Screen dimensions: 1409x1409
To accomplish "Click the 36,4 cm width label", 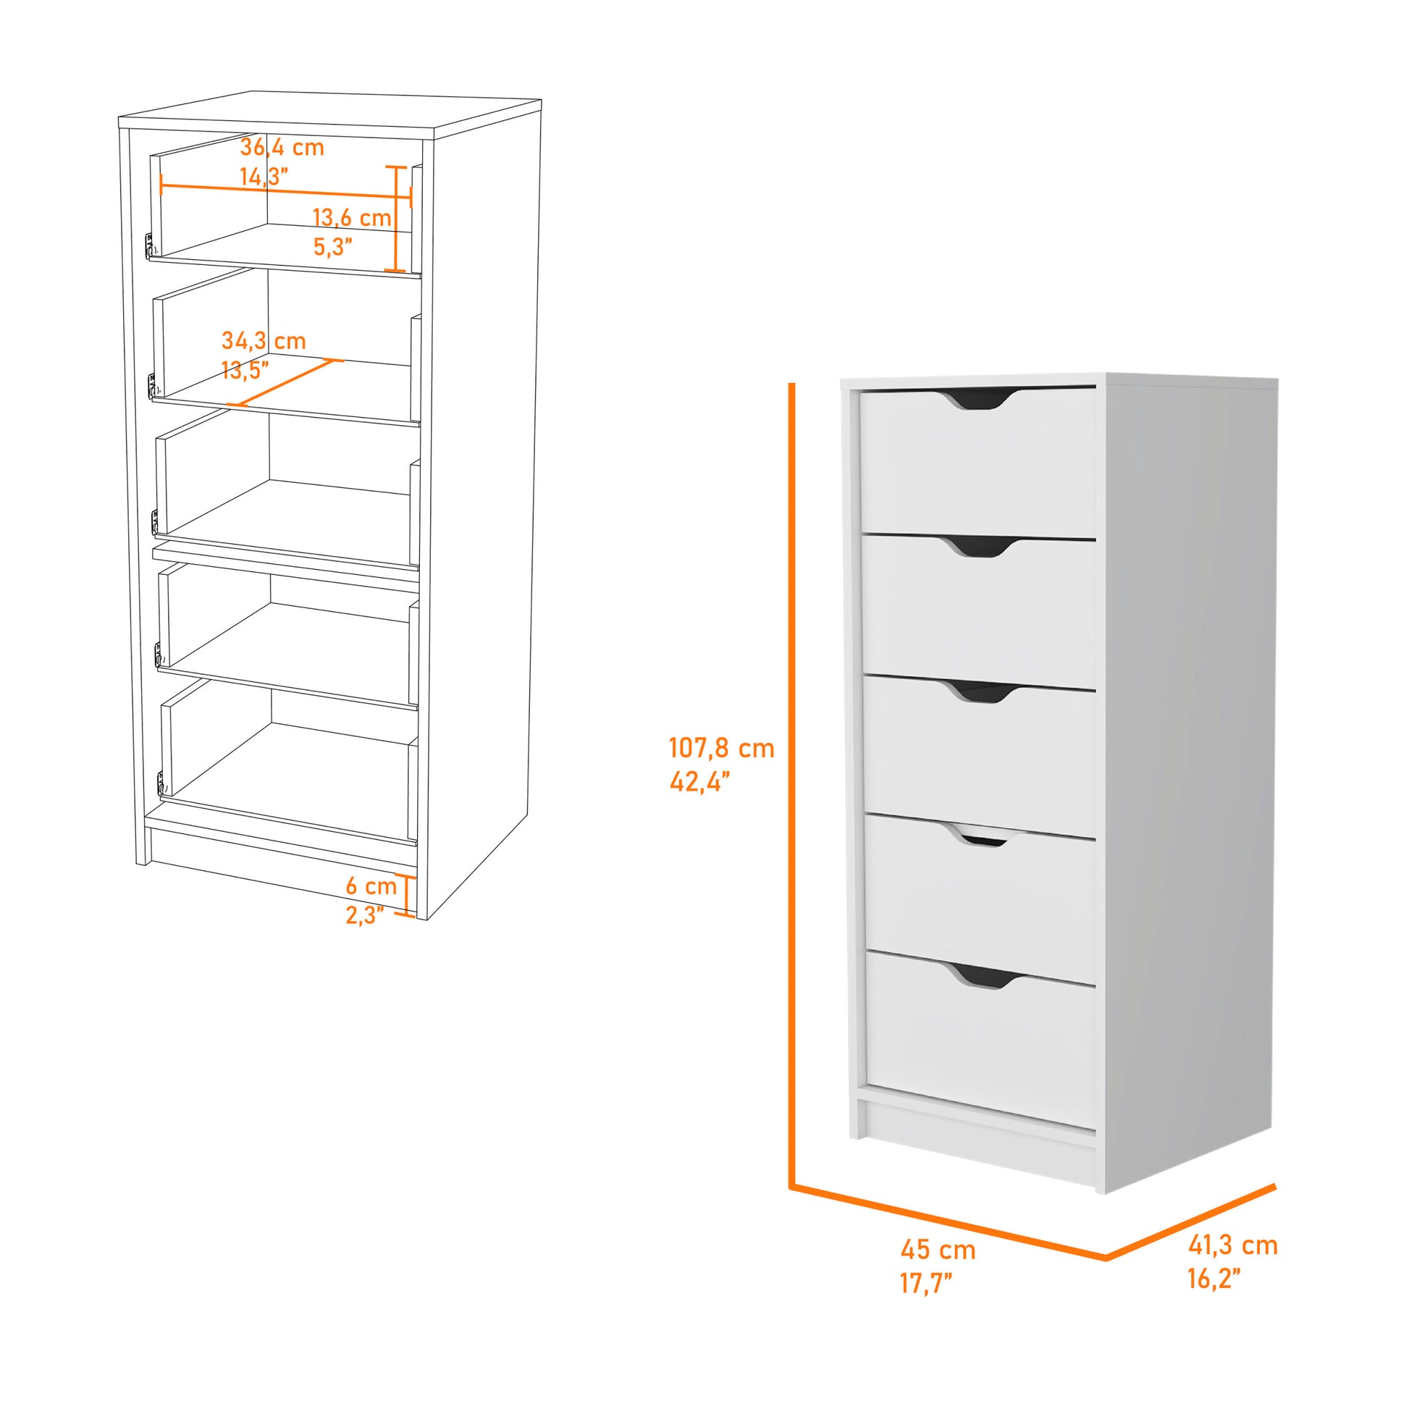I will pyautogui.click(x=282, y=147).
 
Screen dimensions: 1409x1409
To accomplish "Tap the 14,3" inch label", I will pyautogui.click(x=264, y=177).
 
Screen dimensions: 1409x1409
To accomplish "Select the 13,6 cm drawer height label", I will pyautogui.click(x=351, y=217).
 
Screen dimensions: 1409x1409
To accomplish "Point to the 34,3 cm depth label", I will pyautogui.click(x=264, y=340).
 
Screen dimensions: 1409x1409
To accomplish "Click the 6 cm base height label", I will pyautogui.click(x=371, y=886).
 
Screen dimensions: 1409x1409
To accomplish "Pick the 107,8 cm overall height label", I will pyautogui.click(x=721, y=748).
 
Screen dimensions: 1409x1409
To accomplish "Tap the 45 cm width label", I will pyautogui.click(x=937, y=1249).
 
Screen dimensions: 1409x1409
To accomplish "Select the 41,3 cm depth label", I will pyautogui.click(x=1232, y=1245).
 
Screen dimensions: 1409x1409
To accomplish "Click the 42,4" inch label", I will pyautogui.click(x=699, y=783).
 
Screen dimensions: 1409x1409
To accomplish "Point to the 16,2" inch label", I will pyautogui.click(x=1214, y=1279).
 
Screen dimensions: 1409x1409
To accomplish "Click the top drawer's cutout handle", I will pyautogui.click(x=977, y=399).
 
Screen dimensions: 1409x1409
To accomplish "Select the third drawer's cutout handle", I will pyautogui.click(x=981, y=691).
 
